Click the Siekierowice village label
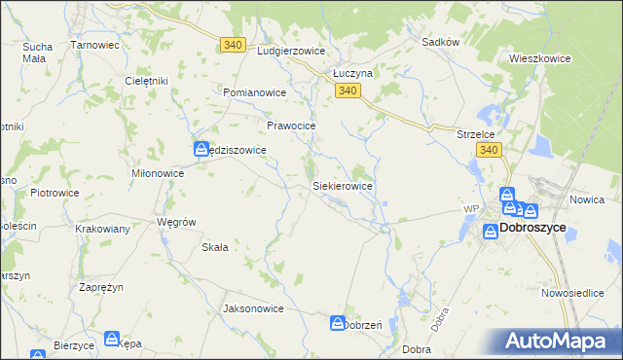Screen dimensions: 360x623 [x=342, y=185]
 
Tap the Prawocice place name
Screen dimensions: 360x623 [x=292, y=126]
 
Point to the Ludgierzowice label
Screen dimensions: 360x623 [x=288, y=51]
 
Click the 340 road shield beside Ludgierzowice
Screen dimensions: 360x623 [x=232, y=45]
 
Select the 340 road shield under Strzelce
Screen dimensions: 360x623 [x=489, y=150]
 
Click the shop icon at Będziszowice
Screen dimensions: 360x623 [x=201, y=149]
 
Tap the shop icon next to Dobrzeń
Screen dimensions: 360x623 [x=337, y=322]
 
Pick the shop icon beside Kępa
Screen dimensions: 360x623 [x=115, y=340]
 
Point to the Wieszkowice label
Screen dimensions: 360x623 [x=539, y=58]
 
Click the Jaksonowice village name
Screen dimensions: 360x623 [x=253, y=308]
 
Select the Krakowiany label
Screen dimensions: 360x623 [x=103, y=229]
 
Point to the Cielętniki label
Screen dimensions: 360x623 [x=148, y=81]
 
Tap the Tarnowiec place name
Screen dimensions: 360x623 [x=95, y=45]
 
